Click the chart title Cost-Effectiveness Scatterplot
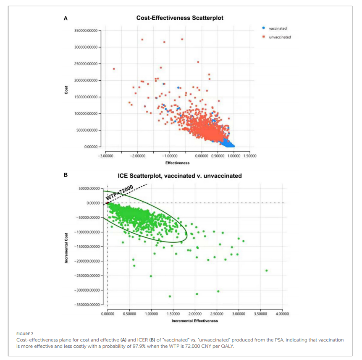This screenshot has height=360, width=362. pyautogui.click(x=180, y=18)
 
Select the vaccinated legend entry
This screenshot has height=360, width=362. pyautogui.click(x=278, y=28)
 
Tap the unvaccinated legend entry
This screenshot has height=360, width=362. pyautogui.click(x=280, y=37)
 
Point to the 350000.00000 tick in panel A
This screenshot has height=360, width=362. pyautogui.click(x=85, y=31)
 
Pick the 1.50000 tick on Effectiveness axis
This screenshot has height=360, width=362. pyautogui.click(x=249, y=155)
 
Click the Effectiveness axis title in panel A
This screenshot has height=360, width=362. pyautogui.click(x=177, y=163)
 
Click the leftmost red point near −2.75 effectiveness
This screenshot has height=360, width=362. pyautogui.click(x=114, y=69)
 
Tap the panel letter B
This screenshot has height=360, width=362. pyautogui.click(x=66, y=176)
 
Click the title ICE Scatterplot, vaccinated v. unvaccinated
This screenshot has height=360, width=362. pyautogui.click(x=180, y=176)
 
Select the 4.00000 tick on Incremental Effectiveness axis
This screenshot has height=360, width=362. pyautogui.click(x=282, y=313)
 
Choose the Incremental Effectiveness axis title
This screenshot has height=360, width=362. pyautogui.click(x=194, y=321)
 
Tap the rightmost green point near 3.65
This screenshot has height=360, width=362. pyautogui.click(x=266, y=271)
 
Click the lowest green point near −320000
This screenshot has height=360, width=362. pyautogui.click(x=170, y=296)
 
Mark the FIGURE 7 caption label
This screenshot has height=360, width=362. pyautogui.click(x=24, y=334)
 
